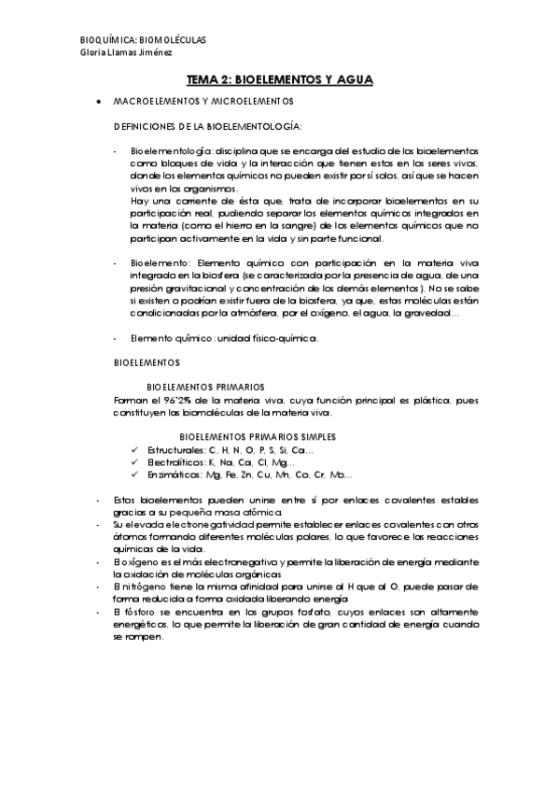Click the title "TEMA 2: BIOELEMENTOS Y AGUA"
pyautogui.click(x=279, y=80)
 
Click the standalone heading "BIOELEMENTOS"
pyautogui.click(x=147, y=361)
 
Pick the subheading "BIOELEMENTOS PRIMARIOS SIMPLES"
pyautogui.click(x=258, y=436)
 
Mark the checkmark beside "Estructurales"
pyautogui.click(x=136, y=450)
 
